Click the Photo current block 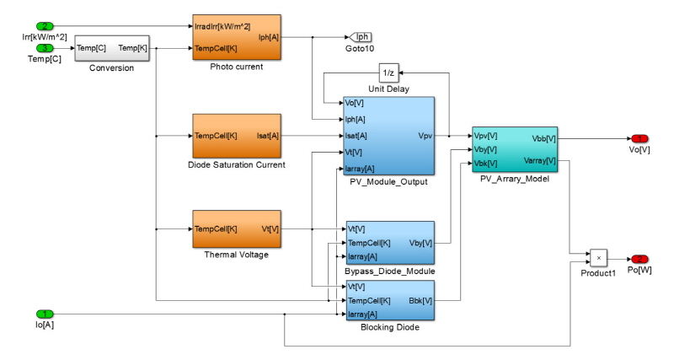[235, 36]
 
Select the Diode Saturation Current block [235, 135]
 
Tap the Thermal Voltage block [235, 229]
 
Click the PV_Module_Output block [388, 135]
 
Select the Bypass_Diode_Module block [388, 242]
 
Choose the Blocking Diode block [388, 301]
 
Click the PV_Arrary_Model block [513, 148]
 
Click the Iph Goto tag [360, 37]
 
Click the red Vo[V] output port [641, 138]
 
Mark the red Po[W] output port [641, 258]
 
